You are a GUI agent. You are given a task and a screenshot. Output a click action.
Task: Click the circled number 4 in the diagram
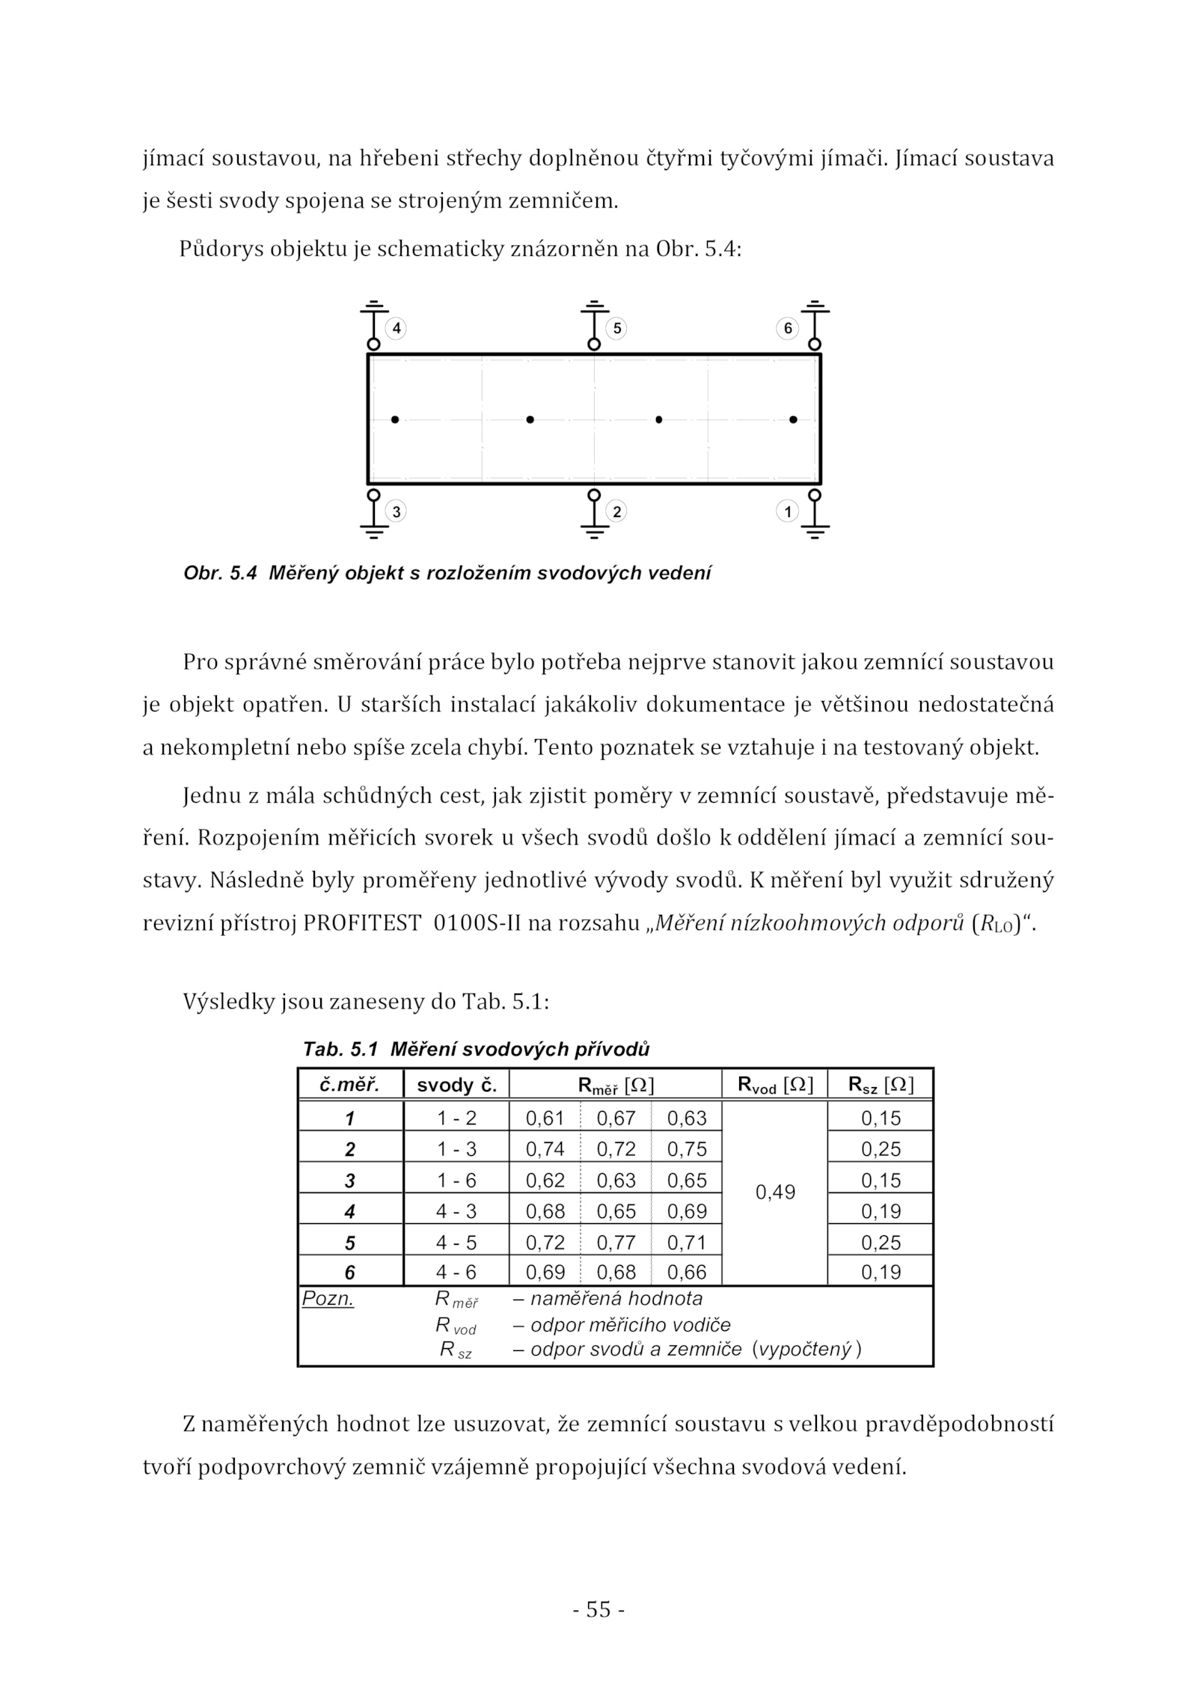(x=396, y=328)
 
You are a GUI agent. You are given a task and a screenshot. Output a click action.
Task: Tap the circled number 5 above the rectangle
(x=616, y=328)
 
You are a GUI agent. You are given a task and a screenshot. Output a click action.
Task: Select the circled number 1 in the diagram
(x=787, y=512)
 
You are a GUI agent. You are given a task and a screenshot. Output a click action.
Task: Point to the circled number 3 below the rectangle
(x=396, y=512)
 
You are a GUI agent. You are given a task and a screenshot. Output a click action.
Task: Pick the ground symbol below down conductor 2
(x=594, y=532)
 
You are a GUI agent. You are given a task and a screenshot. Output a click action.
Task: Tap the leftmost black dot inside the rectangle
(x=395, y=420)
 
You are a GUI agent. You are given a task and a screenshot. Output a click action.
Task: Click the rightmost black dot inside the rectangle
(x=793, y=420)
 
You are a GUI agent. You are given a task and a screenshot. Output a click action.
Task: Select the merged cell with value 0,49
(x=774, y=1193)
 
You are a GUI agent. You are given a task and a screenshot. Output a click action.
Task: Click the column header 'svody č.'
(x=456, y=1085)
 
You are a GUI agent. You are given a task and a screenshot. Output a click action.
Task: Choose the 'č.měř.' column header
(x=350, y=1085)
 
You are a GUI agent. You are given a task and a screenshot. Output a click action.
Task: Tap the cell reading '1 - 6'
(x=456, y=1181)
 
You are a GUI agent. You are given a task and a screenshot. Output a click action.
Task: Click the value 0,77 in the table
(x=616, y=1243)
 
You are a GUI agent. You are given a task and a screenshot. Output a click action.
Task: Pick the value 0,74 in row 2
(x=545, y=1149)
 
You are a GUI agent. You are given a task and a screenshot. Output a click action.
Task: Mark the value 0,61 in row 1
(x=545, y=1118)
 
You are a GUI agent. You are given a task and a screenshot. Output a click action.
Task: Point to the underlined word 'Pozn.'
(x=328, y=1299)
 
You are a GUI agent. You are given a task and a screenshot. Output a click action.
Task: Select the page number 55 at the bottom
(x=598, y=1608)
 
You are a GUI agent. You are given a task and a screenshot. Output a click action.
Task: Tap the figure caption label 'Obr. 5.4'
(x=220, y=573)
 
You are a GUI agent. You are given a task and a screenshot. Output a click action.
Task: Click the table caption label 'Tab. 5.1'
(x=340, y=1049)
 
